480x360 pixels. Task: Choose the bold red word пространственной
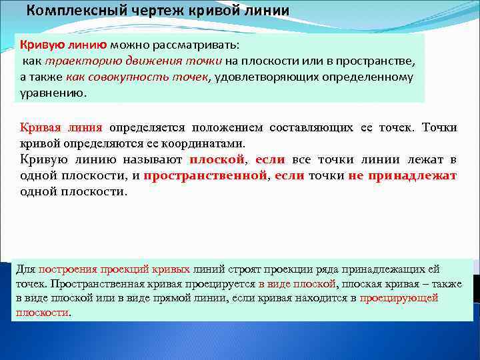pyautogui.click(x=205, y=175)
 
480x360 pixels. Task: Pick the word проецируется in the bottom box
pyautogui.click(x=219, y=284)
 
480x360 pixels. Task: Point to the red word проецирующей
pyautogui.click(x=399, y=298)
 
